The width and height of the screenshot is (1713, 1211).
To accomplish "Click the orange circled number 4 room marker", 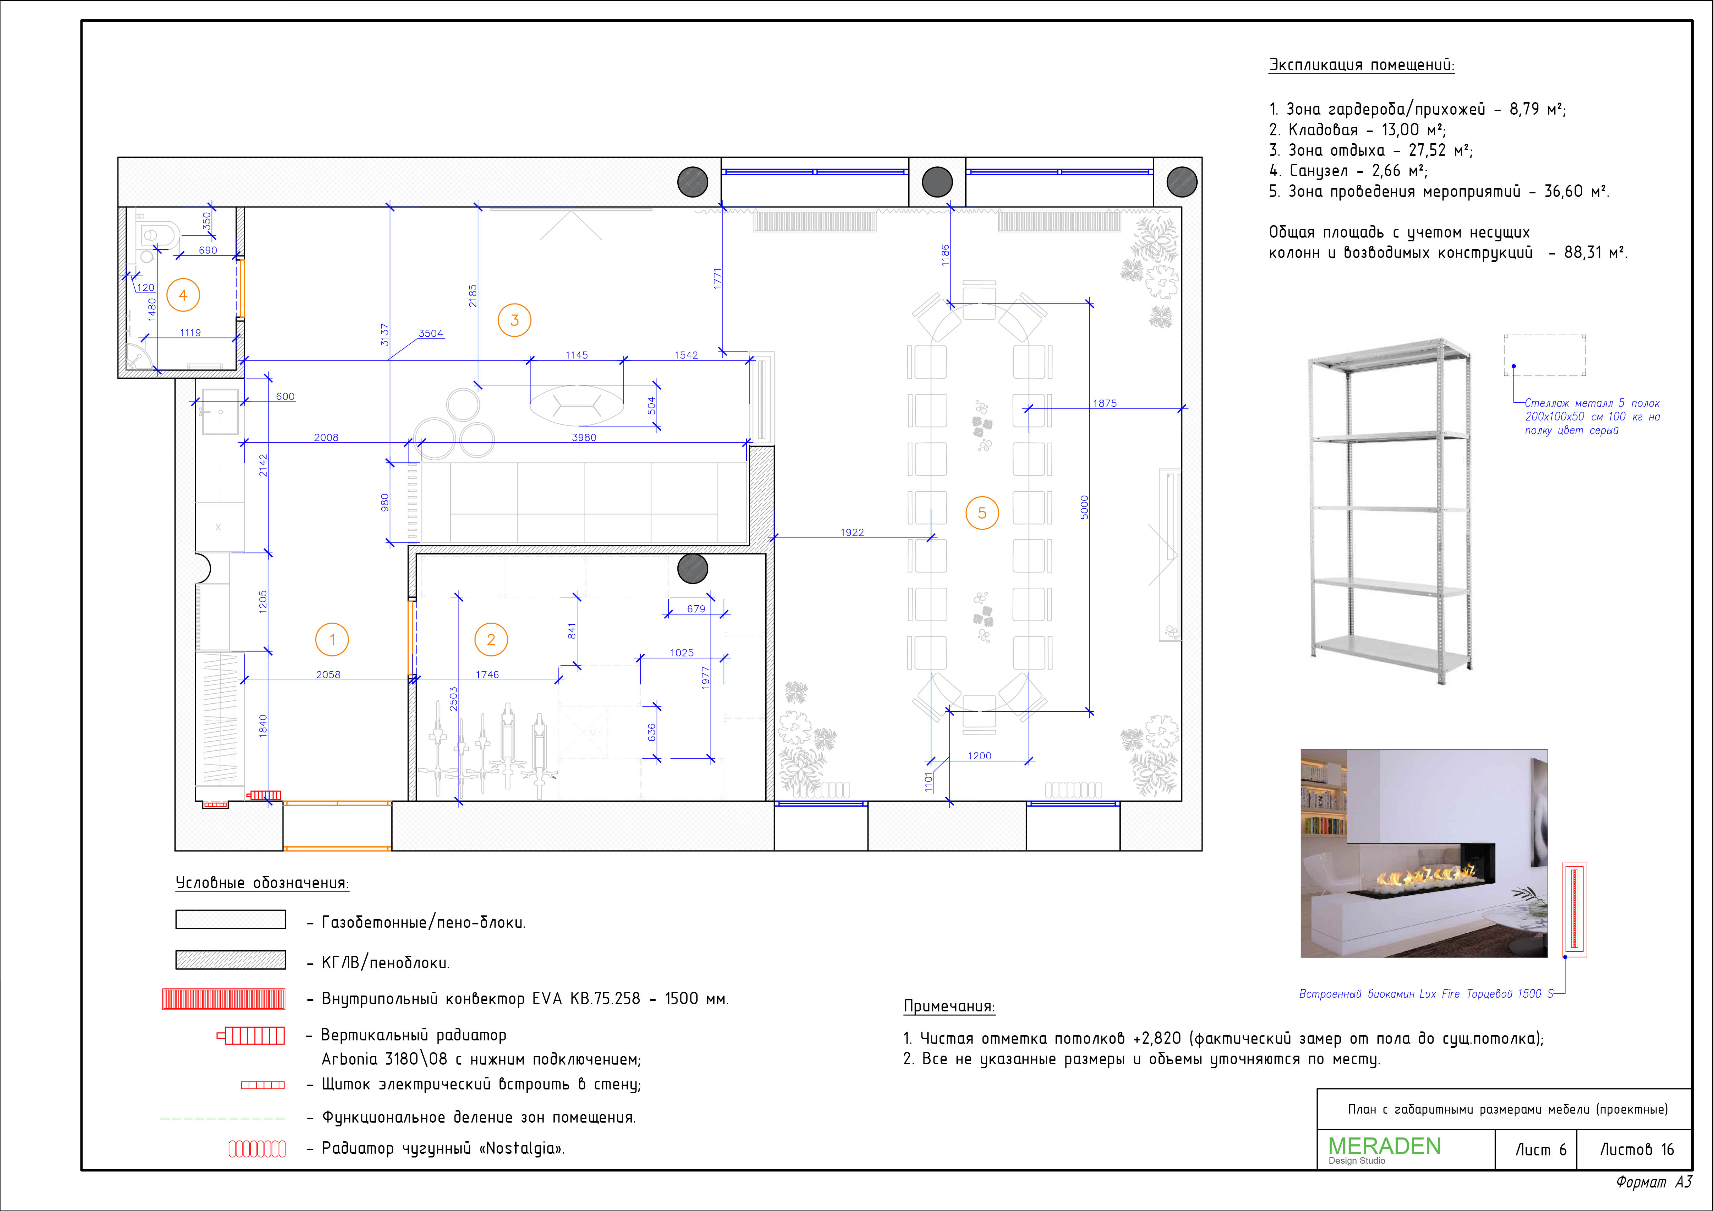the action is point(183,296).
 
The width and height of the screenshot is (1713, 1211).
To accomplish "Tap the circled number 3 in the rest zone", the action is point(514,320).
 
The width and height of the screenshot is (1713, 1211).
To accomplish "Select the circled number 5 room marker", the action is point(982,512).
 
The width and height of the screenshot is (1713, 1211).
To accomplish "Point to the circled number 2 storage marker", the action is point(491,640).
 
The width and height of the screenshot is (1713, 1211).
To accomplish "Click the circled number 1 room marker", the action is point(332,640).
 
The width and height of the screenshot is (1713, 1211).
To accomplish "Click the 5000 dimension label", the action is point(1084,507).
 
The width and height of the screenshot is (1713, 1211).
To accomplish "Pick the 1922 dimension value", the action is point(852,532).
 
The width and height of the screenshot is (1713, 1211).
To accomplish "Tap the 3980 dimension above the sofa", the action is point(584,437).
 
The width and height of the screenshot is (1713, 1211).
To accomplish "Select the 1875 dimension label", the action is point(1105,403).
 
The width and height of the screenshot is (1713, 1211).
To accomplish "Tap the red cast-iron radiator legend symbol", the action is point(257,1148).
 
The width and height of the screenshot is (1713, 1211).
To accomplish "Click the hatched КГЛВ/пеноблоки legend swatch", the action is point(231,960).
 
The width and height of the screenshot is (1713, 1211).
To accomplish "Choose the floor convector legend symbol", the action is point(224,998).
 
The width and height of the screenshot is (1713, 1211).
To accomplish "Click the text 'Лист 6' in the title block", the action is point(1541,1150).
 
